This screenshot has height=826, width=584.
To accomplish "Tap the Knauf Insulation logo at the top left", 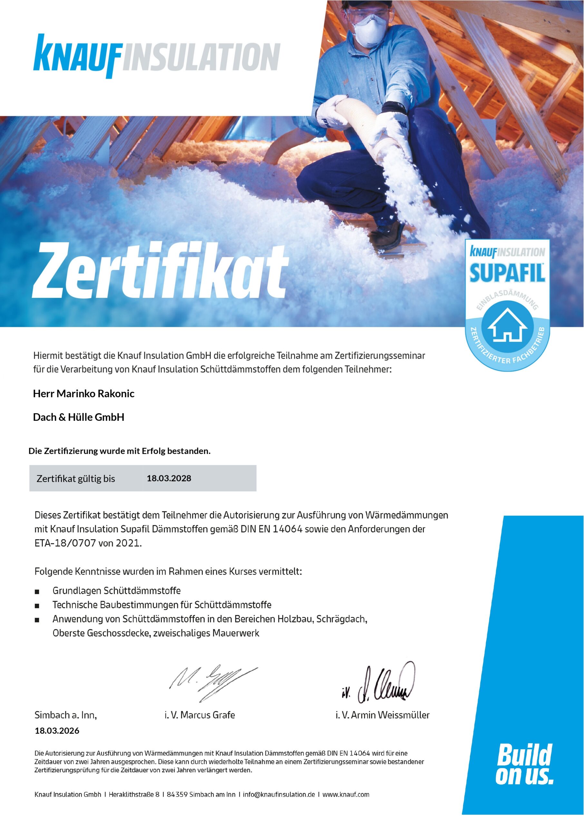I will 156,57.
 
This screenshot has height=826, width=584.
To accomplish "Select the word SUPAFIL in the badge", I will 507,273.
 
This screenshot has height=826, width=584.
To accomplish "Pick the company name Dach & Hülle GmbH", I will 78,417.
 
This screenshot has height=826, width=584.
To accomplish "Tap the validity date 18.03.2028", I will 169,478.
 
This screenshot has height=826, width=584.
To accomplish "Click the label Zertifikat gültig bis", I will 75,479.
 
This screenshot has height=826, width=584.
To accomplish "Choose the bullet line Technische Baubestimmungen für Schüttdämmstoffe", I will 162,605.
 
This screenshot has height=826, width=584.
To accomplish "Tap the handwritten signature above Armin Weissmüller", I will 379,684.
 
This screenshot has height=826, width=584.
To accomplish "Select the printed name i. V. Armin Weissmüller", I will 382,715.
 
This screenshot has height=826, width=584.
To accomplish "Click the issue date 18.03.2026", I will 57,730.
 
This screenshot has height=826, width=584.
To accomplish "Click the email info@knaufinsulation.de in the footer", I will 279,794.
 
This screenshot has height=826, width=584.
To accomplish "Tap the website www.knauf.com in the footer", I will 346,794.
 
